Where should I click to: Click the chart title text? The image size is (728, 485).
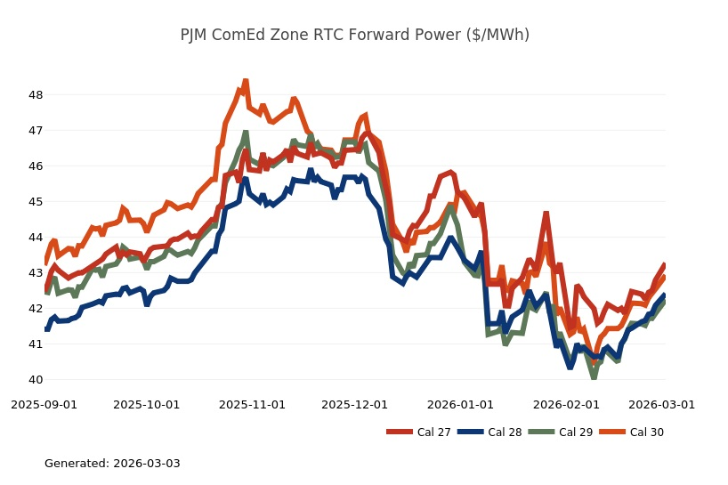tap(354, 35)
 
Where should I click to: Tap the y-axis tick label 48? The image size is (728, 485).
tap(36, 94)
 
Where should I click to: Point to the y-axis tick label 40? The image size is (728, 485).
tap(36, 380)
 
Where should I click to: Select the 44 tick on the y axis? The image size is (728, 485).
tap(36, 238)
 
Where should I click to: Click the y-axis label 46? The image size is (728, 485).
tap(36, 166)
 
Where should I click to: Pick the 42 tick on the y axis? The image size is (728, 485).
tap(36, 309)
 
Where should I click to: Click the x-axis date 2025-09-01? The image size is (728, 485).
tap(44, 404)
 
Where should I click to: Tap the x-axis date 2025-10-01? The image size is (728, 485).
tap(146, 404)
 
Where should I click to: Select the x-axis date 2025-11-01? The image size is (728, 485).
tap(252, 404)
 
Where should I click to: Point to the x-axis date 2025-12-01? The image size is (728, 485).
tap(354, 404)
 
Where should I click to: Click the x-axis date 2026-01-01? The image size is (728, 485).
tap(460, 404)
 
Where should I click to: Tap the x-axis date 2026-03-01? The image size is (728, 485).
tap(661, 404)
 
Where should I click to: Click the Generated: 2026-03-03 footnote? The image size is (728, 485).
tap(112, 464)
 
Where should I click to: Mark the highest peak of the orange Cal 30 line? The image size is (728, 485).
tap(246, 81)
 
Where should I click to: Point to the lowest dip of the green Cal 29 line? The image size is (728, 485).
tap(594, 377)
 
